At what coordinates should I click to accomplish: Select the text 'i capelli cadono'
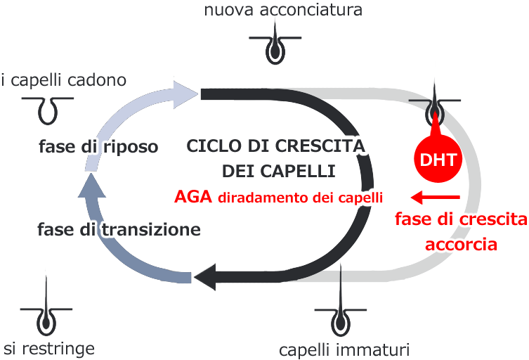(x=64, y=79)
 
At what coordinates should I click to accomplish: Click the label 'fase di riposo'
(x=98, y=148)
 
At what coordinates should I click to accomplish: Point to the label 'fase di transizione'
(x=119, y=229)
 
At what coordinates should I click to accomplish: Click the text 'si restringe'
(x=48, y=348)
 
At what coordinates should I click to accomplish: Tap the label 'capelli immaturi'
(x=344, y=349)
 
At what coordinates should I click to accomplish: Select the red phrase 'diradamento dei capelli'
(x=304, y=198)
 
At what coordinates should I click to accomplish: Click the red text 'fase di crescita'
(x=460, y=220)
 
